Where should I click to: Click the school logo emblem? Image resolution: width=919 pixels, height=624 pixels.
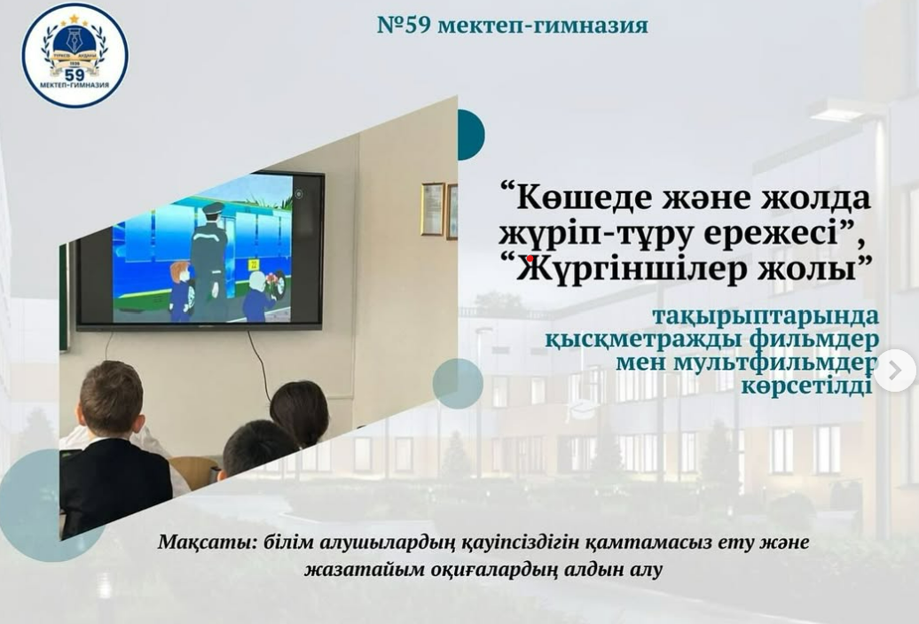click(75, 56)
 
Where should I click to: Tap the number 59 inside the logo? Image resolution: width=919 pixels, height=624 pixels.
click(75, 74)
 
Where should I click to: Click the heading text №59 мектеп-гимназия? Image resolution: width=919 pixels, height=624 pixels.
click(513, 25)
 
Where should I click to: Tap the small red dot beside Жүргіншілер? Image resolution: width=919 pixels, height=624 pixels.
click(530, 258)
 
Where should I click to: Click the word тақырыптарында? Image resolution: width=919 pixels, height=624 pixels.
click(766, 316)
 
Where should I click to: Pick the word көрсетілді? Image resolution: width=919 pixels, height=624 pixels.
click(806, 386)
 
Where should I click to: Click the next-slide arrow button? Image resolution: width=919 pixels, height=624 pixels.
click(895, 370)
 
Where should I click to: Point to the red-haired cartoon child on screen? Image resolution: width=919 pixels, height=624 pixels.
click(180, 291)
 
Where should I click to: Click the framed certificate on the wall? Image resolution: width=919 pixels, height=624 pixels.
click(433, 209)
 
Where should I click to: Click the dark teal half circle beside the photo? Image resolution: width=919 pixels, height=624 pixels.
click(471, 135)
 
